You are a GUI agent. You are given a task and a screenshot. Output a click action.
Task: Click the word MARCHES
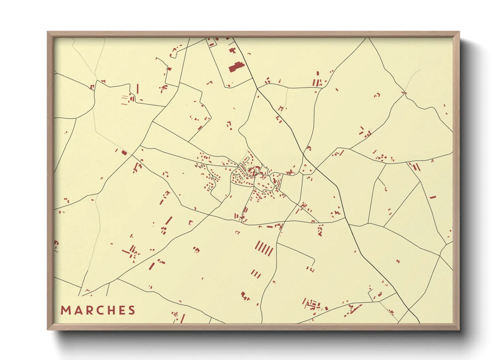(98, 310)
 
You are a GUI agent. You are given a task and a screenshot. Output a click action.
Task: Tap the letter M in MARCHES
(65, 310)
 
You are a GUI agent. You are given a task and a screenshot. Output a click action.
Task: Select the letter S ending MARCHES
(132, 310)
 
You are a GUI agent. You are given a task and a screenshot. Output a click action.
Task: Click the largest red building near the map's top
(236, 67)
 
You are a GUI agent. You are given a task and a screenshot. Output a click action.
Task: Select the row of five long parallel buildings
(264, 248)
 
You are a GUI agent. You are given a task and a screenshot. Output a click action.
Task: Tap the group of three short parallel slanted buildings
(256, 274)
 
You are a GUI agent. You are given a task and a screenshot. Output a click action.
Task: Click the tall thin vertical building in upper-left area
(138, 89)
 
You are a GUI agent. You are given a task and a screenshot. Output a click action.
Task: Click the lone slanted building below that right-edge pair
(432, 197)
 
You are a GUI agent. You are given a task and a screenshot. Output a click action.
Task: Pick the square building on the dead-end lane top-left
(169, 69)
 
